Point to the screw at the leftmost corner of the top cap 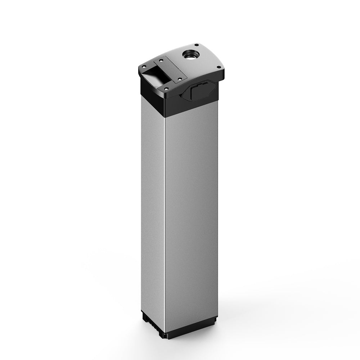point(144,67)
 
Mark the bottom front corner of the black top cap point(165,116)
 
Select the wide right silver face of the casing point(191,216)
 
